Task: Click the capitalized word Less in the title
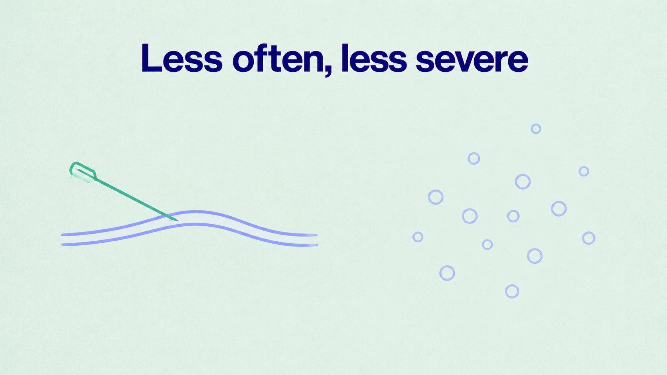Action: point(182,58)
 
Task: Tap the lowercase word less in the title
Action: point(374,58)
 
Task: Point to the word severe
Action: point(472,61)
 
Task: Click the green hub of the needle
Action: point(83,172)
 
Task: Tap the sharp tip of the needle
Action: point(179,221)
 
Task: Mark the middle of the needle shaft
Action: point(137,199)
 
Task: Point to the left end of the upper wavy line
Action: point(62,235)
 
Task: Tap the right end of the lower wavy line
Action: point(317,245)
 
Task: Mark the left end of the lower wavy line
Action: point(63,245)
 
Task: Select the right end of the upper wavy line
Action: point(316,235)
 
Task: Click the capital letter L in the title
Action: point(151,58)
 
